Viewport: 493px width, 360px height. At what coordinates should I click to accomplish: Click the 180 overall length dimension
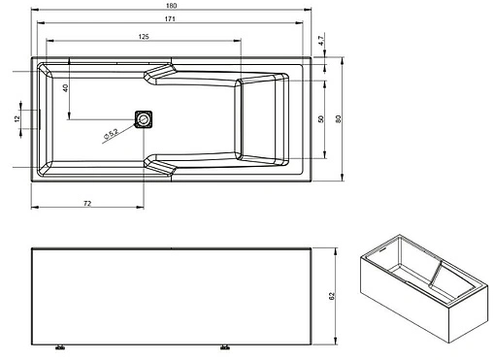click(x=172, y=6)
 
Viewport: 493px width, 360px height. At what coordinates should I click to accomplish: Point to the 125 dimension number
click(x=144, y=37)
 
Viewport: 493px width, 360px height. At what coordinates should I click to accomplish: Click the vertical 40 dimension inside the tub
click(x=66, y=88)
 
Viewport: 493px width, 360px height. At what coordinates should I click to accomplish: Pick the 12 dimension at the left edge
click(x=16, y=118)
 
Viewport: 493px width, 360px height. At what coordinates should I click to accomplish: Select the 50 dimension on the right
click(x=321, y=118)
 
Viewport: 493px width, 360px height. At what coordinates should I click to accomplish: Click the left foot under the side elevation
click(x=60, y=346)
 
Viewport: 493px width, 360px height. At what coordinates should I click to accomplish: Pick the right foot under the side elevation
click(x=225, y=346)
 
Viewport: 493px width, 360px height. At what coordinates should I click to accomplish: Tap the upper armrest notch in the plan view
click(x=160, y=76)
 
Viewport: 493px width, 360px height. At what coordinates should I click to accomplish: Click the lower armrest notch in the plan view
click(x=160, y=162)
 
